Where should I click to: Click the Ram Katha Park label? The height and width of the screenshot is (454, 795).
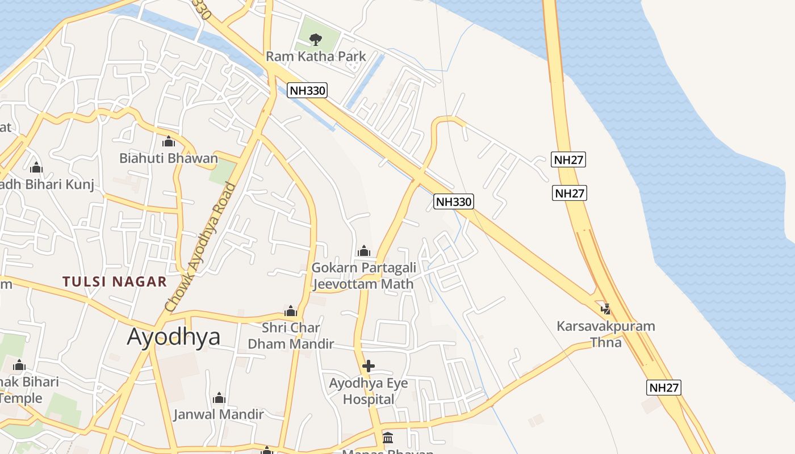(316, 56)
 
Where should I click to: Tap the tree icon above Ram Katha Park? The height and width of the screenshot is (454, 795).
(316, 39)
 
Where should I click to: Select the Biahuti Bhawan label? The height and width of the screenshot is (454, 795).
(169, 158)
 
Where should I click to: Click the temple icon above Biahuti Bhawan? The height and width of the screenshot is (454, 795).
(169, 141)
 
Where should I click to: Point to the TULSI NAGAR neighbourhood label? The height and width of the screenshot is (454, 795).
(115, 281)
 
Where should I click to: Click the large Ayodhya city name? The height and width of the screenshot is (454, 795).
(174, 337)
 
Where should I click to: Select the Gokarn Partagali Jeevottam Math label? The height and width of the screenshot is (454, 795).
(363, 275)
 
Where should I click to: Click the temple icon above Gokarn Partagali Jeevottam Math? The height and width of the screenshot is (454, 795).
(364, 251)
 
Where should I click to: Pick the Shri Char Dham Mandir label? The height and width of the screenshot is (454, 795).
(291, 335)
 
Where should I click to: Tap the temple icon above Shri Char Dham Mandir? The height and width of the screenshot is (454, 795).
(291, 311)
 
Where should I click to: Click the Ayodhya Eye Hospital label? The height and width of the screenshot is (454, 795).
(369, 391)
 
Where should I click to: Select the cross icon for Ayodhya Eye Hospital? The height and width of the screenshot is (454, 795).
(369, 366)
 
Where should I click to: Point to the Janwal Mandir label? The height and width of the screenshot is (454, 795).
(219, 414)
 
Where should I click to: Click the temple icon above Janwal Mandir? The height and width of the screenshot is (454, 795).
(219, 398)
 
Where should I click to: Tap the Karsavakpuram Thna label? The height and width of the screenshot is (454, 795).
(606, 334)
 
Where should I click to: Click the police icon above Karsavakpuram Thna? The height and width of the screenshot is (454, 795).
(606, 309)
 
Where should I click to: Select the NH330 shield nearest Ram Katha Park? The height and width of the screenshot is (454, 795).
(307, 90)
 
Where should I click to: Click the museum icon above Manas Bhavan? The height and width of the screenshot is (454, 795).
(388, 438)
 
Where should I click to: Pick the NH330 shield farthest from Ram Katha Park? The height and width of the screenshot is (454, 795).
(454, 201)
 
